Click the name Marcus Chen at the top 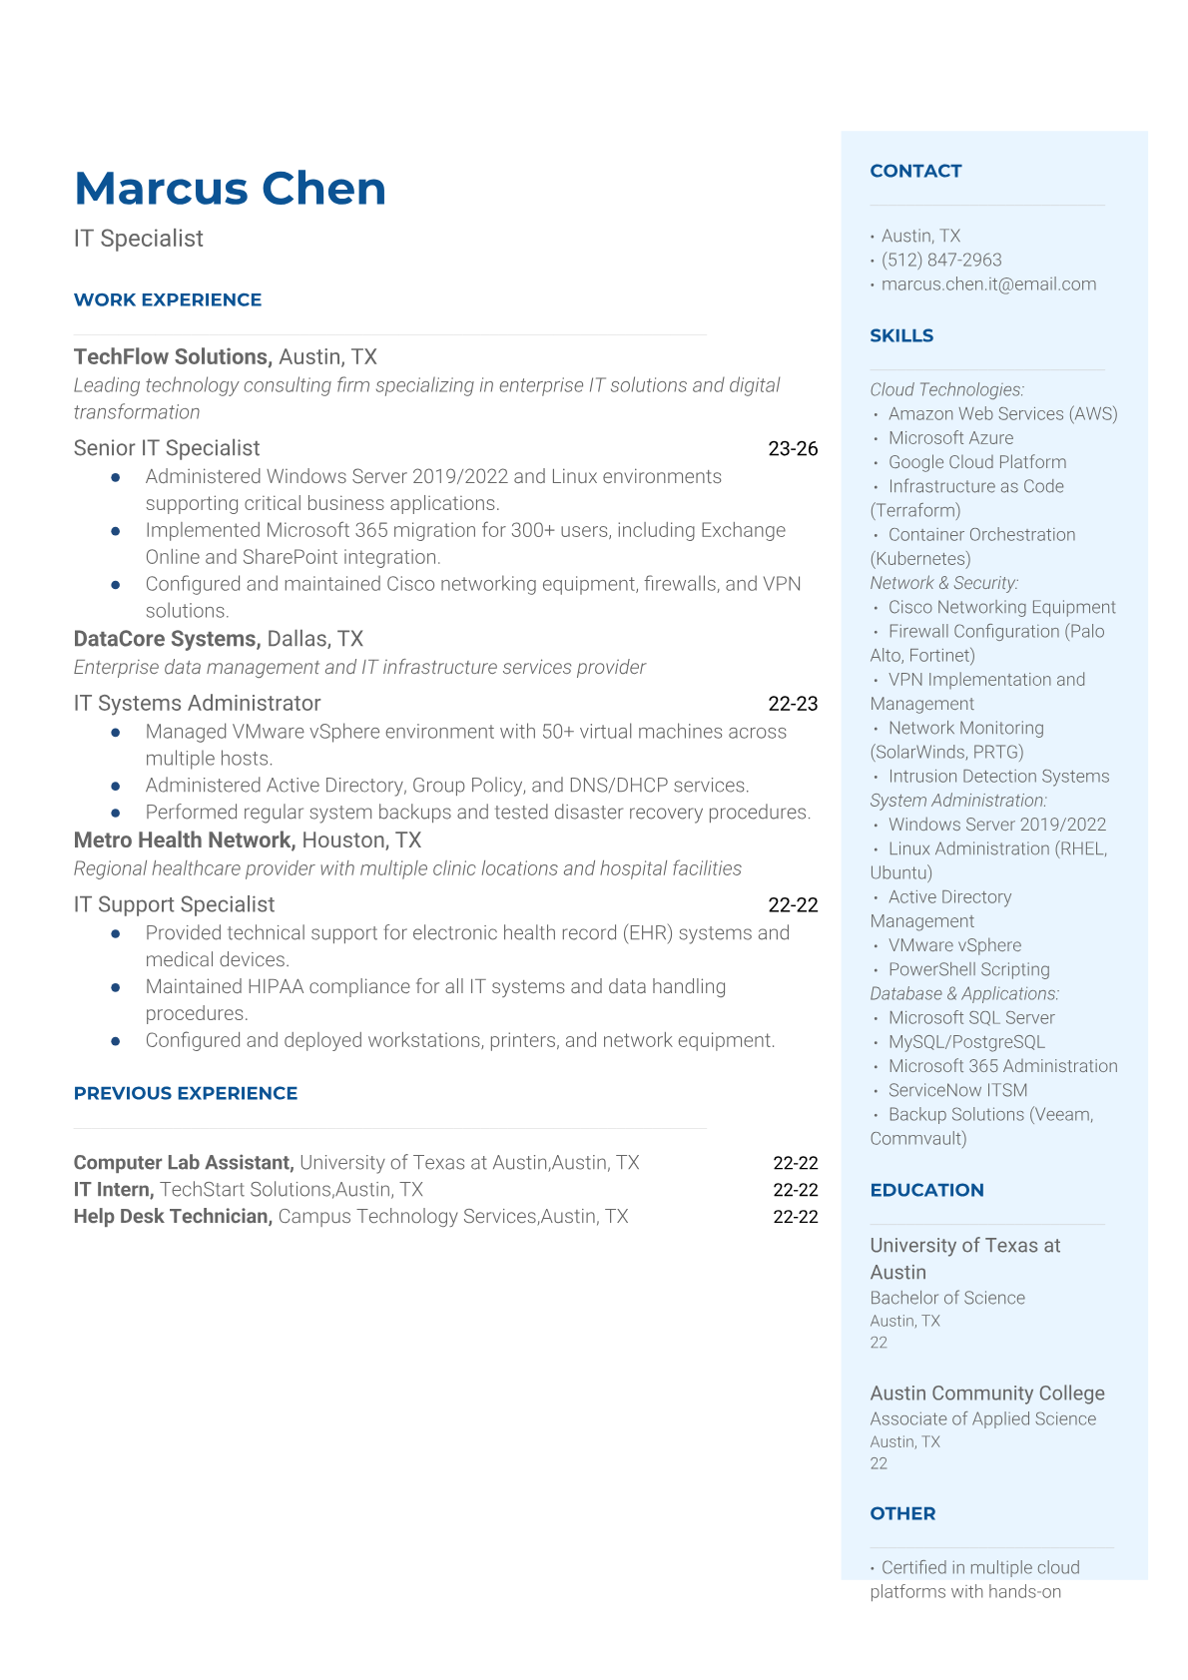point(230,189)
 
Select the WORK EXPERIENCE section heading point(168,299)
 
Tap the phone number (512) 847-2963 point(941,260)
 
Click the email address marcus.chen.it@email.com point(988,284)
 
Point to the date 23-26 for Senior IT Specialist point(793,449)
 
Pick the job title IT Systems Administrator point(198,704)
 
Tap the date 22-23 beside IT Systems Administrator point(793,704)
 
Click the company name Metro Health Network point(185,840)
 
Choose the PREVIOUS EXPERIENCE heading point(186,1093)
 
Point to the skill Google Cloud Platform point(977,462)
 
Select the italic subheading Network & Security point(944,583)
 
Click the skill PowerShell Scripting point(968,969)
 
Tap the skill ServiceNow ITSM point(957,1090)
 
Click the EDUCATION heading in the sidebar point(926,1190)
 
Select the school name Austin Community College point(987,1394)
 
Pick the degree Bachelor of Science point(947,1298)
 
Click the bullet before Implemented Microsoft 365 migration point(117,531)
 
